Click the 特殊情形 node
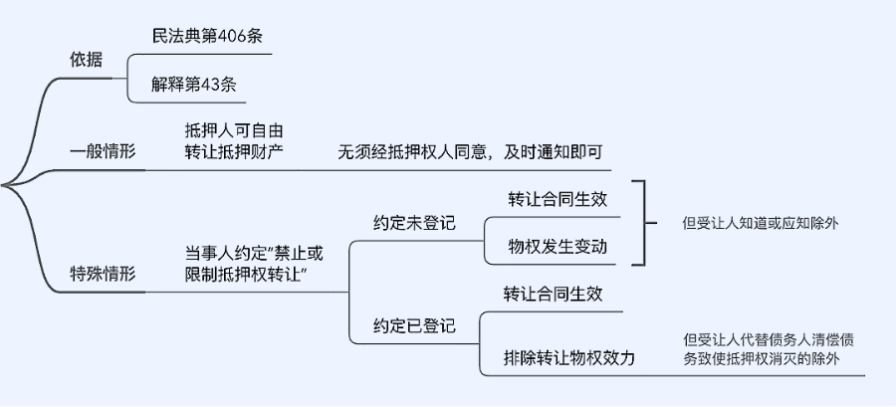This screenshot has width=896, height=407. point(103,275)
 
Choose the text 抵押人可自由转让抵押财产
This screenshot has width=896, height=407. point(234,140)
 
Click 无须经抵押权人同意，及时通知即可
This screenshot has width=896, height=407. point(471,153)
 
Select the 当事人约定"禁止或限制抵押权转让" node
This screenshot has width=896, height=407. point(253,264)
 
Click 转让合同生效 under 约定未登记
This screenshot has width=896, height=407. point(557,199)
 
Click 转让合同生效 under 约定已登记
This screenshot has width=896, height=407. point(553,294)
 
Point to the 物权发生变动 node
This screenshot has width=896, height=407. point(557,247)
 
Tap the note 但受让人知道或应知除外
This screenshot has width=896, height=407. point(760,223)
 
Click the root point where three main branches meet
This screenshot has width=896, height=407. point(5,185)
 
